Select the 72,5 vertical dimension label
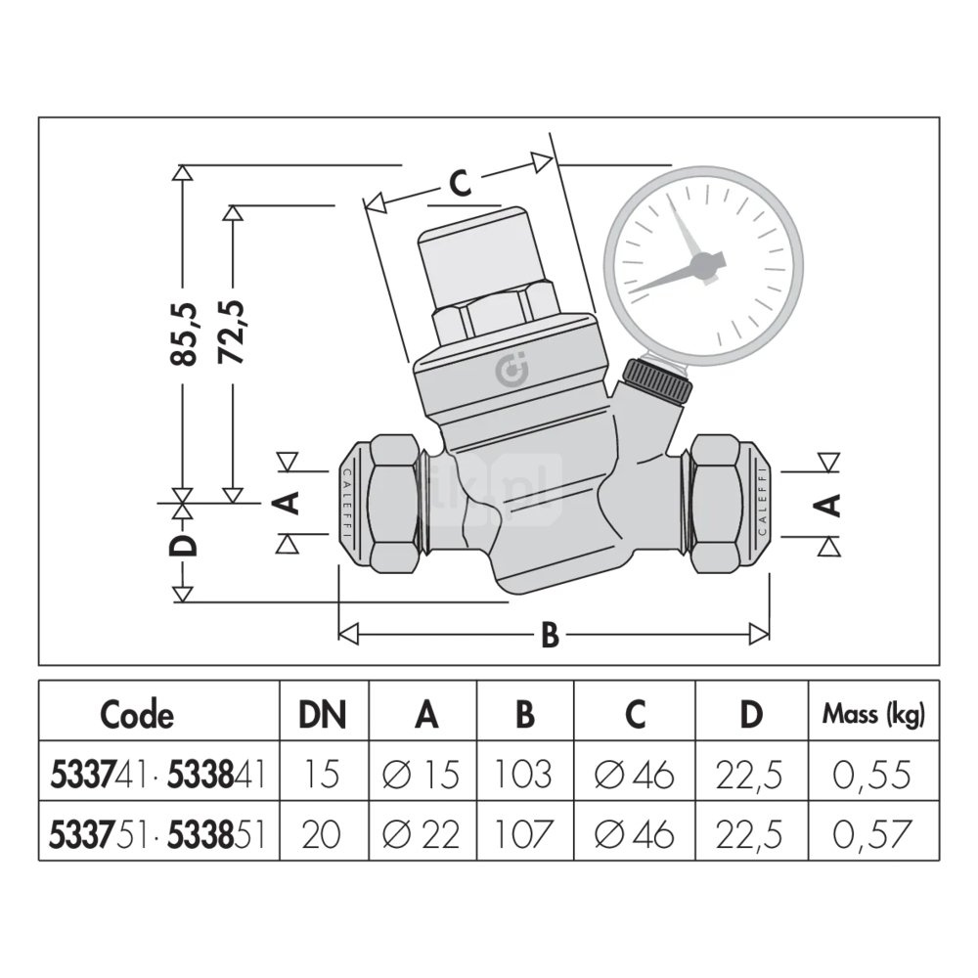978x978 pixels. pos(232,333)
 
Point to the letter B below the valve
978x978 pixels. pos(550,636)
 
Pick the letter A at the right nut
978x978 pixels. pos(826,505)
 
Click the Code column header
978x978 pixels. pos(137,715)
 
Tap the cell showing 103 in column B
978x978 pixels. pos(524,775)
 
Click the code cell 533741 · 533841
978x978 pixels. pos(160,775)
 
